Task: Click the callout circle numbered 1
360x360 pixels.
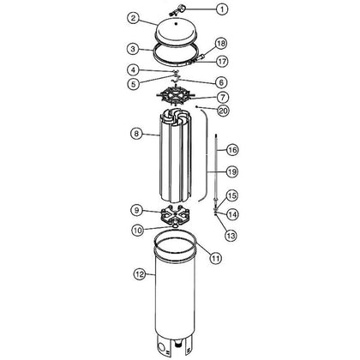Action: (x=222, y=9)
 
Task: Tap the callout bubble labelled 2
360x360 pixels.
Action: (x=133, y=19)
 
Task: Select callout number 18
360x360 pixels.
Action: (x=221, y=44)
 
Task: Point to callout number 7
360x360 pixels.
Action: (x=223, y=98)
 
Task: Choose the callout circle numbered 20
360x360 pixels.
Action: (x=223, y=111)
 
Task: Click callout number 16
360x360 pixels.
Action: (x=232, y=150)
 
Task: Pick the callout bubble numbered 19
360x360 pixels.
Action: (x=232, y=171)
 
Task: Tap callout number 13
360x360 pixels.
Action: (x=231, y=236)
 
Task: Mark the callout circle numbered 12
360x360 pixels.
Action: (x=141, y=274)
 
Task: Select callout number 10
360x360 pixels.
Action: (x=138, y=231)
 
